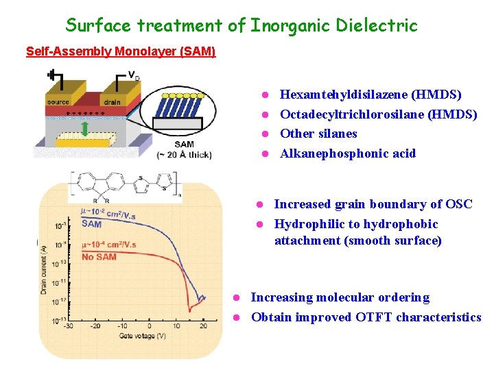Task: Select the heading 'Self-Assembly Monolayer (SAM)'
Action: coord(121,51)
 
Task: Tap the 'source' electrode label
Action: coord(58,102)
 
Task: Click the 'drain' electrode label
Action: coord(113,102)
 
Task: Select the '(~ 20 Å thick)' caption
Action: coord(184,154)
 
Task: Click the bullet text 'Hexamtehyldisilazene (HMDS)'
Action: coord(370,95)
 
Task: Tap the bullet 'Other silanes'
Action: coord(318,134)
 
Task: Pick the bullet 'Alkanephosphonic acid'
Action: coord(348,153)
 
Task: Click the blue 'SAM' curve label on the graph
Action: coord(91,224)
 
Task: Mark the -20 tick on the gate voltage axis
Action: coord(95,326)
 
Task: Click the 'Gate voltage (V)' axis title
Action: coord(142,336)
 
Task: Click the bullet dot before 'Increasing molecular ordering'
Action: coord(235,297)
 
